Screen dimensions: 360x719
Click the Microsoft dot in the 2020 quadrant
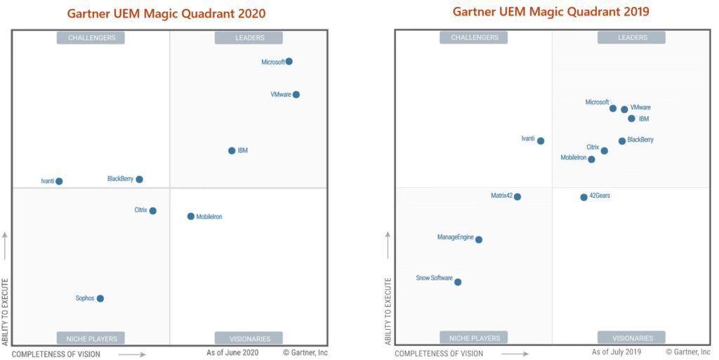click(289, 62)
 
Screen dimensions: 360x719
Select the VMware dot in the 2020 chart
click(296, 95)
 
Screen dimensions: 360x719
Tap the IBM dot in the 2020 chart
click(232, 151)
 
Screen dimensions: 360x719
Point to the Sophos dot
click(100, 299)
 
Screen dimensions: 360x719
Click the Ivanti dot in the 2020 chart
click(59, 182)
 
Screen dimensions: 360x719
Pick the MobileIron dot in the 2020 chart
click(191, 217)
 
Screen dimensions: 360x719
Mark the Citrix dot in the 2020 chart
click(153, 211)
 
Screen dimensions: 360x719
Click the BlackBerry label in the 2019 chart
click(640, 140)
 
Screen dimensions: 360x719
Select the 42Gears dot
click(583, 197)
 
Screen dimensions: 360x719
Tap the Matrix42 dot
click(517, 197)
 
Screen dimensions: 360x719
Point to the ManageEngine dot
click(479, 240)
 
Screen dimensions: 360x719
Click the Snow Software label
click(434, 279)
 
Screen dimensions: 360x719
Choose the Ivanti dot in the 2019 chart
click(541, 141)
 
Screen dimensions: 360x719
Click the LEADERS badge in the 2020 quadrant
click(249, 38)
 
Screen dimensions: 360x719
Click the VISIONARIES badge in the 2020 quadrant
click(249, 338)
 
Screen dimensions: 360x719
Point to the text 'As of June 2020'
click(233, 352)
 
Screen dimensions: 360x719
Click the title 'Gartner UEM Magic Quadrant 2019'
click(550, 12)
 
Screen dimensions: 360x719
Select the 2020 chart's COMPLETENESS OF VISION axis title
click(56, 354)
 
